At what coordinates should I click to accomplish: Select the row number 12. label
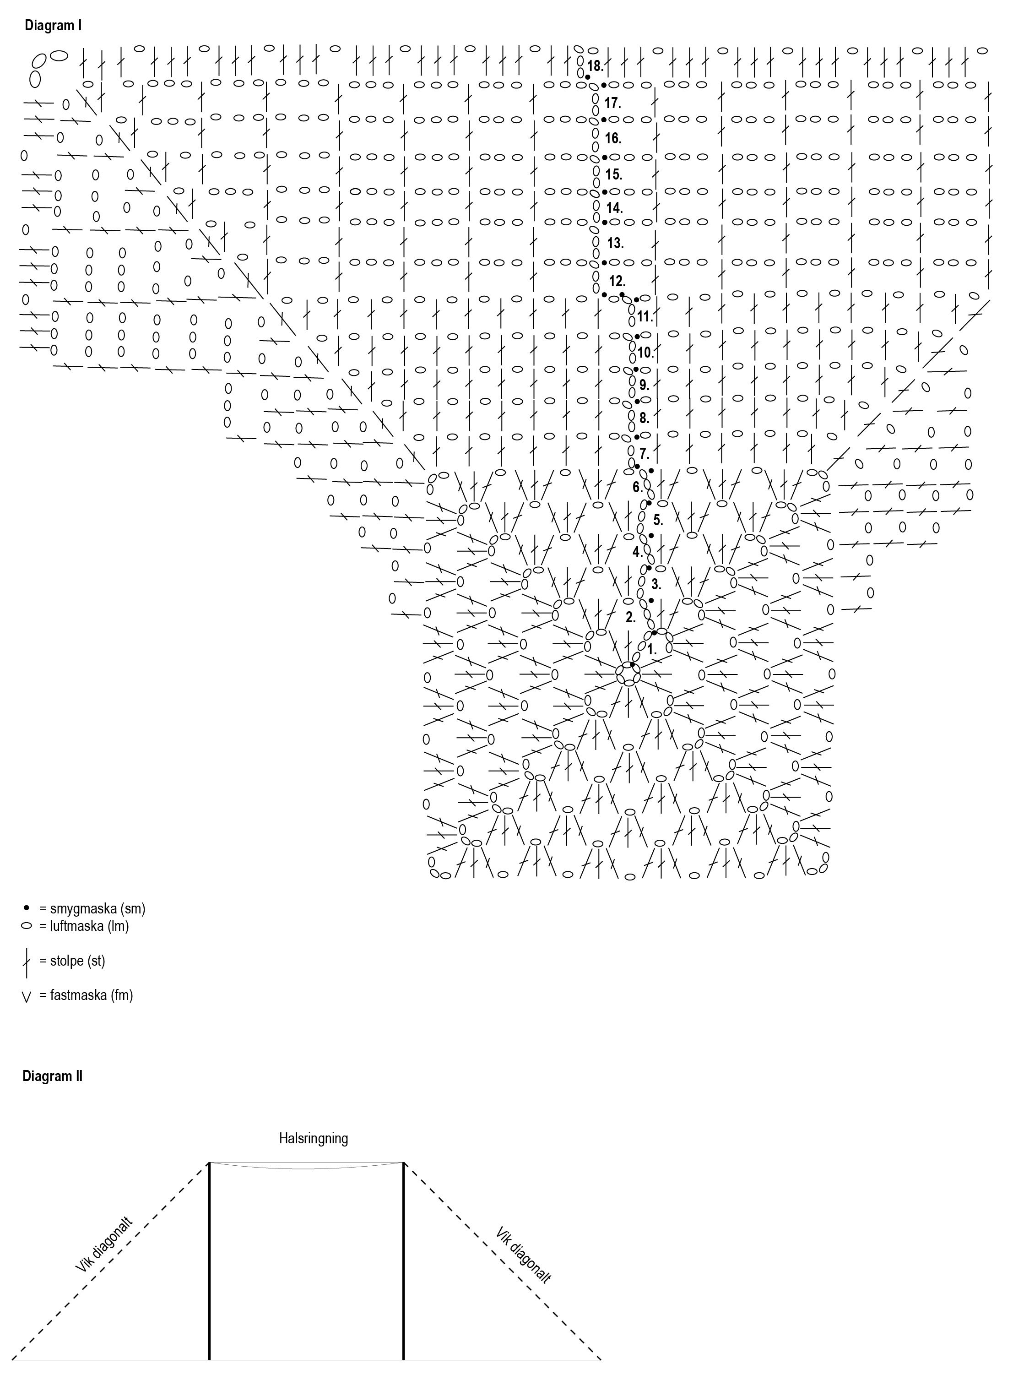(617, 282)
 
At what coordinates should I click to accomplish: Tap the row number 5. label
(657, 521)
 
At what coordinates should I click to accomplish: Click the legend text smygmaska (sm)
(98, 908)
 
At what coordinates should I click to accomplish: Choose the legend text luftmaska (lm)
(90, 926)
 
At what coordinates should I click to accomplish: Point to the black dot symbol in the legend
(27, 907)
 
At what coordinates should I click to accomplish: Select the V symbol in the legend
(27, 997)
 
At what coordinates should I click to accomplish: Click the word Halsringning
(314, 1139)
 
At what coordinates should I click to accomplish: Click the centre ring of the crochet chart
(628, 673)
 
